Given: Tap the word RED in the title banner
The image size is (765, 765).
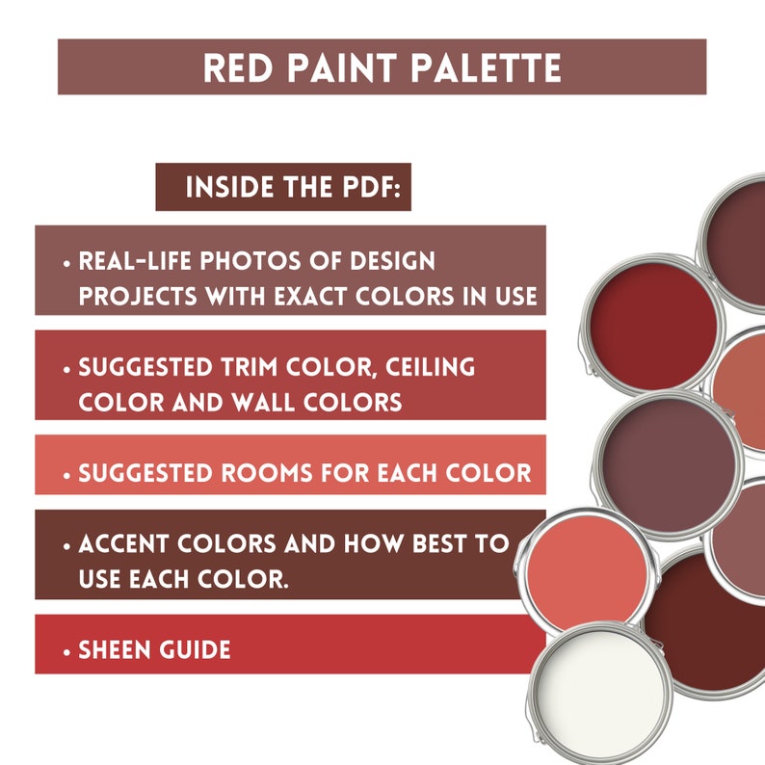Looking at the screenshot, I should click(x=239, y=67).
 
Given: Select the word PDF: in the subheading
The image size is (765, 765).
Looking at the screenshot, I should click(x=366, y=187).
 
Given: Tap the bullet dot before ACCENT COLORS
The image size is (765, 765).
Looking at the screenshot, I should click(x=66, y=545).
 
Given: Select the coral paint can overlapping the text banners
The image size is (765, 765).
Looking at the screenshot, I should click(x=588, y=568).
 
